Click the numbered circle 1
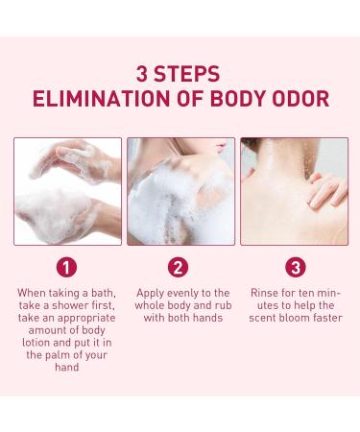click(66, 267)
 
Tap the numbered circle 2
click(179, 267)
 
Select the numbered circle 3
click(296, 267)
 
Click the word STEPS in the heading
click(187, 74)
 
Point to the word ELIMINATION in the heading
click(102, 99)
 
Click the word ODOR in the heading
click(300, 99)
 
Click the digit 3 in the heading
click(142, 74)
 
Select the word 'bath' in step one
click(104, 293)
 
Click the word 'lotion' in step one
click(36, 343)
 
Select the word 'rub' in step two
click(223, 305)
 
